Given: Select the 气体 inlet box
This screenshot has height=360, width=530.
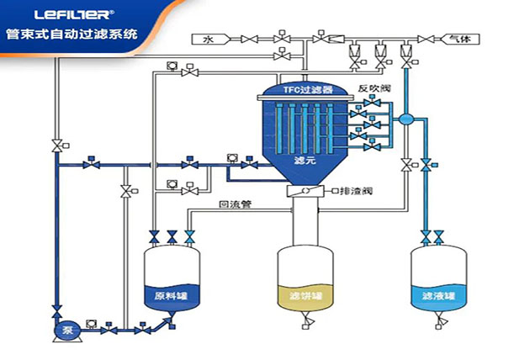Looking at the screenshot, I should [460, 39].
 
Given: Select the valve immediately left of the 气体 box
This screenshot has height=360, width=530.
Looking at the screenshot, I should [429, 39].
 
